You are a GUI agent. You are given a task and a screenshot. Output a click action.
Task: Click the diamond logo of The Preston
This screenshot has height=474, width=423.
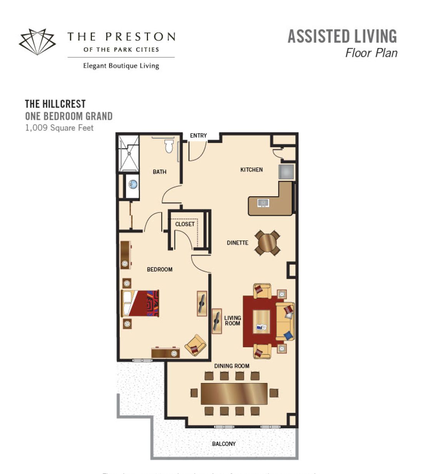coord(37,41)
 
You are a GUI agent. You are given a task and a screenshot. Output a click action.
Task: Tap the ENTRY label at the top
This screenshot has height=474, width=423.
coord(198,136)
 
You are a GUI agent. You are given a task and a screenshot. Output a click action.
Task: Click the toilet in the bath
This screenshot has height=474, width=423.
coord(169,146)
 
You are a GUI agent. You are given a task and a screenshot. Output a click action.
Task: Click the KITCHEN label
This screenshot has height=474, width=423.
coord(251,169)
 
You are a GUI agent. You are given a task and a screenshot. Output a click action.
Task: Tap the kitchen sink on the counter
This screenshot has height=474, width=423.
coord(263,203)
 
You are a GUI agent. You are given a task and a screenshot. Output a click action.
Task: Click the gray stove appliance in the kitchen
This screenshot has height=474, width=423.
coord(286,171)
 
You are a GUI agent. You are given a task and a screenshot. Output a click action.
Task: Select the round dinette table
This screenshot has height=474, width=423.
coord(267,242)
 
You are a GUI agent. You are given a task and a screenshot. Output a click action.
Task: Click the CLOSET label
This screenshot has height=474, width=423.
coord(185,224)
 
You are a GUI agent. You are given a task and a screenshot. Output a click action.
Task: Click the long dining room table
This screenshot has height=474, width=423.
coord(234,393)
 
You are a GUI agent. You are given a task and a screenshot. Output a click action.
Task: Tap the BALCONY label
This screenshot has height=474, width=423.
coord(224,444)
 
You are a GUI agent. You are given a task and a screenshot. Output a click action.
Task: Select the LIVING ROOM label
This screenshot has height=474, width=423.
coord(233,320)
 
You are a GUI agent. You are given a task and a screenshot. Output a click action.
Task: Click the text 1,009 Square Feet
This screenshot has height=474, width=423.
coord(59,128)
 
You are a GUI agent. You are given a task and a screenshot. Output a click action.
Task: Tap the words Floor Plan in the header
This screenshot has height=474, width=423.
coord(371,53)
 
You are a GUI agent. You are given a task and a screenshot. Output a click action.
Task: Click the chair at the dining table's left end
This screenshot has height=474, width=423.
coord(194,393)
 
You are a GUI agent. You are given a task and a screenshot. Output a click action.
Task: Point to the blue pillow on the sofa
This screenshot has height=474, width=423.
coord(288,336)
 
